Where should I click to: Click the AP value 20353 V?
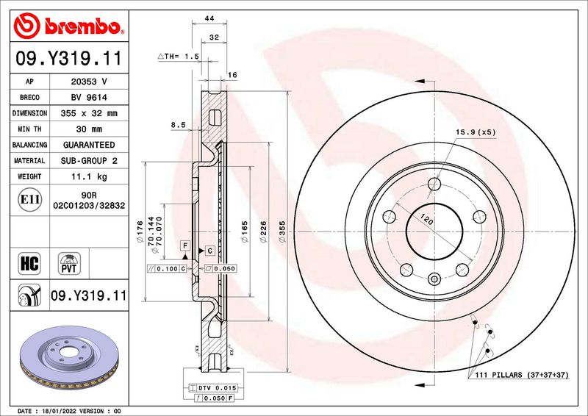coord(89,82)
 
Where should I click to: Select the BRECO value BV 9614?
coord(89,98)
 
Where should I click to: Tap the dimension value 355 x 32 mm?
coord(89,113)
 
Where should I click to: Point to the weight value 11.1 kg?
coord(89,176)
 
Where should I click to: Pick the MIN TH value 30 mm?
coord(89,129)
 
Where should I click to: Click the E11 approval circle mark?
coord(29,199)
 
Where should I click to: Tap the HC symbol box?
coord(29,263)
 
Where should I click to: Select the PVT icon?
coord(69,263)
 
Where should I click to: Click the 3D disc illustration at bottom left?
coord(69,356)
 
